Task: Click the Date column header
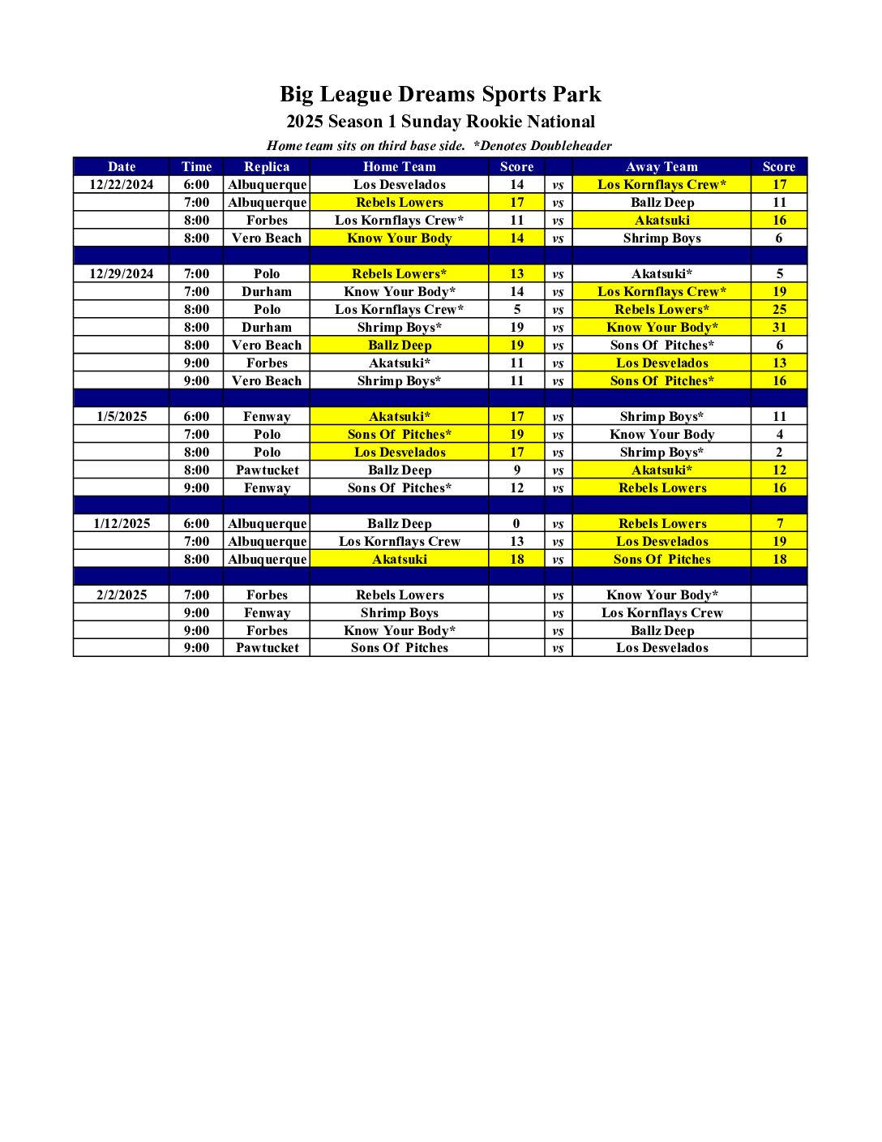(122, 167)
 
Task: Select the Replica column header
(267, 167)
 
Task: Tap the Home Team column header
(399, 167)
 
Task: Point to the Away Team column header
(661, 167)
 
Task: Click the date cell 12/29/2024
(122, 274)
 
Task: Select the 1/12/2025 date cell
(122, 524)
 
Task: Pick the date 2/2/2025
(122, 595)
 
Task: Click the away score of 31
(779, 328)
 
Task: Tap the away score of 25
(779, 310)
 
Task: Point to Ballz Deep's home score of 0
(516, 524)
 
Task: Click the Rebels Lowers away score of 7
(779, 524)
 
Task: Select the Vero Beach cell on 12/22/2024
(267, 238)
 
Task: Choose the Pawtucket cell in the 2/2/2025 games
(267, 648)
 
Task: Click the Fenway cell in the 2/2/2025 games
(267, 613)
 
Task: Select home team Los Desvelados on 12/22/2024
(399, 185)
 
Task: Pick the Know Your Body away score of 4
(779, 435)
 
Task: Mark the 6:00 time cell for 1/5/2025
(196, 417)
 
